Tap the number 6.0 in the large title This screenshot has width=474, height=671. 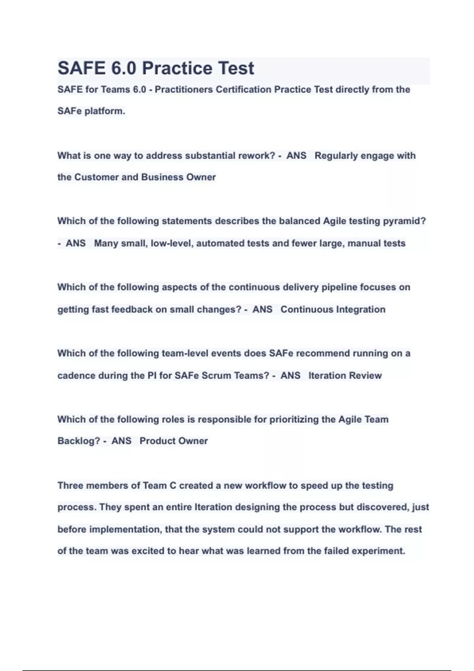point(124,68)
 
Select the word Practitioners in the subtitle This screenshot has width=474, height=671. point(184,90)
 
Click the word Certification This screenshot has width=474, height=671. point(243,90)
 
